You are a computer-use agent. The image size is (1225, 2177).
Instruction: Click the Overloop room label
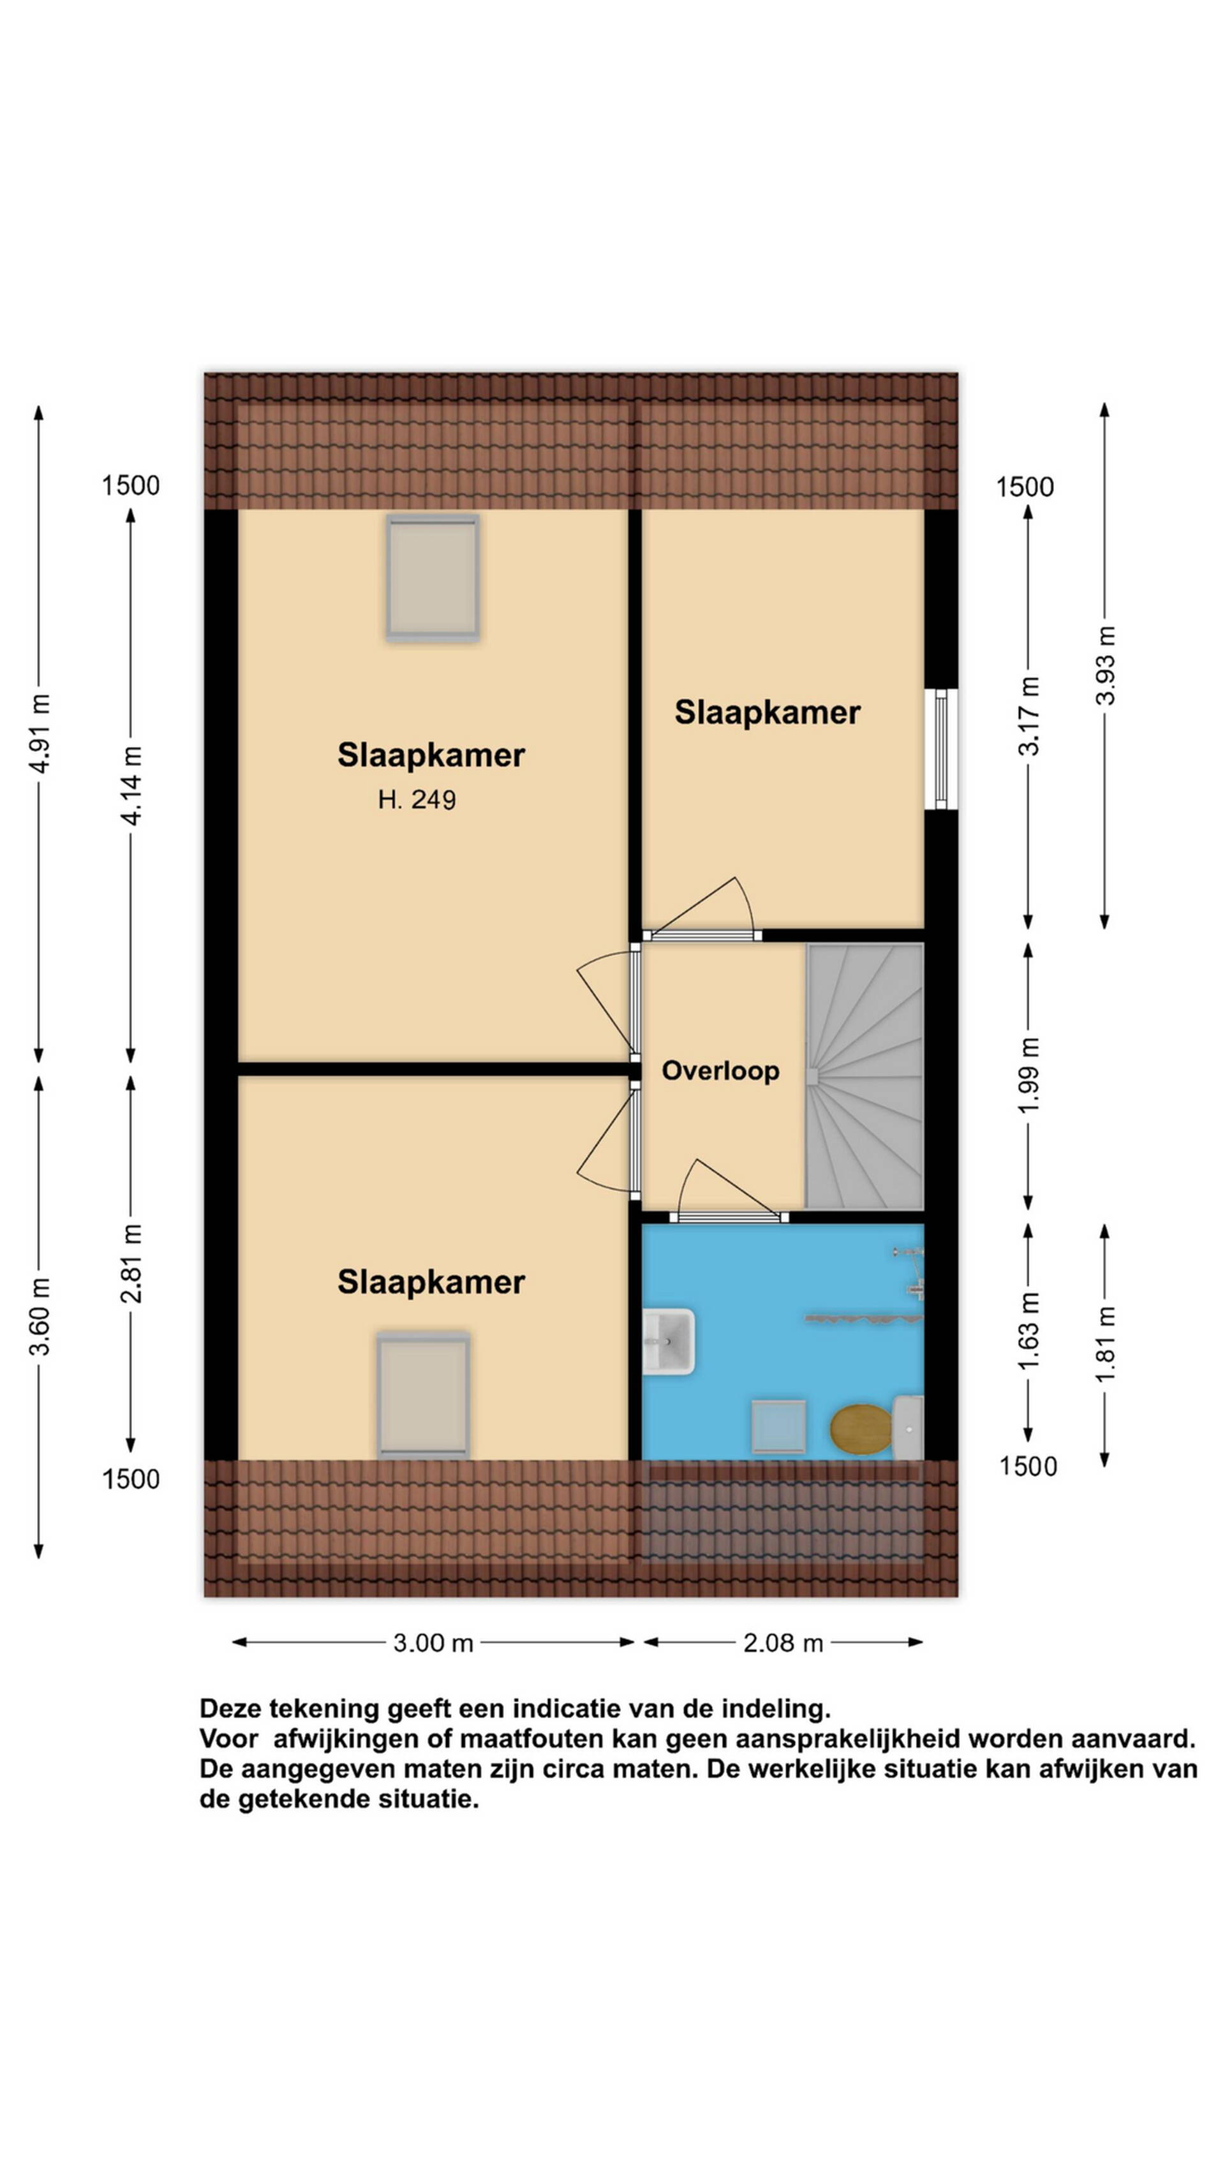click(720, 1071)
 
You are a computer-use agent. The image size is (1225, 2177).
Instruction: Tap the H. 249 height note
click(417, 799)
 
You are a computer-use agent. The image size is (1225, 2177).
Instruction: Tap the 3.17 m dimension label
click(1029, 717)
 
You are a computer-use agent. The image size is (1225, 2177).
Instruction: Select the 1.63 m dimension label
click(1029, 1331)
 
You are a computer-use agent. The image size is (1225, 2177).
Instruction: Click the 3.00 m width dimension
click(433, 1643)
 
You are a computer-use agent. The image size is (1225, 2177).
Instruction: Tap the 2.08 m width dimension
click(783, 1643)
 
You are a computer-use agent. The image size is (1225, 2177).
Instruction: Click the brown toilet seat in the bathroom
click(861, 1428)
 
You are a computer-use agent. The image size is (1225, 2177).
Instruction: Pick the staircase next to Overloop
click(864, 1076)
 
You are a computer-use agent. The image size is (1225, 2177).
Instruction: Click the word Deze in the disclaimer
click(230, 1709)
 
